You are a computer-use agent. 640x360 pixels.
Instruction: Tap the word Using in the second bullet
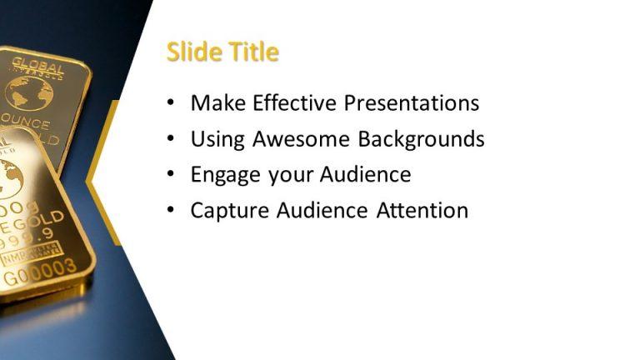click(213, 139)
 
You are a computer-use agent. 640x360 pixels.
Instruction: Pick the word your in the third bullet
click(289, 175)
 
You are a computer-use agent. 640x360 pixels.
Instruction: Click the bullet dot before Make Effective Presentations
click(171, 103)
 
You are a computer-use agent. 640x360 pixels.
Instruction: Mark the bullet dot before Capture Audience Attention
click(171, 211)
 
